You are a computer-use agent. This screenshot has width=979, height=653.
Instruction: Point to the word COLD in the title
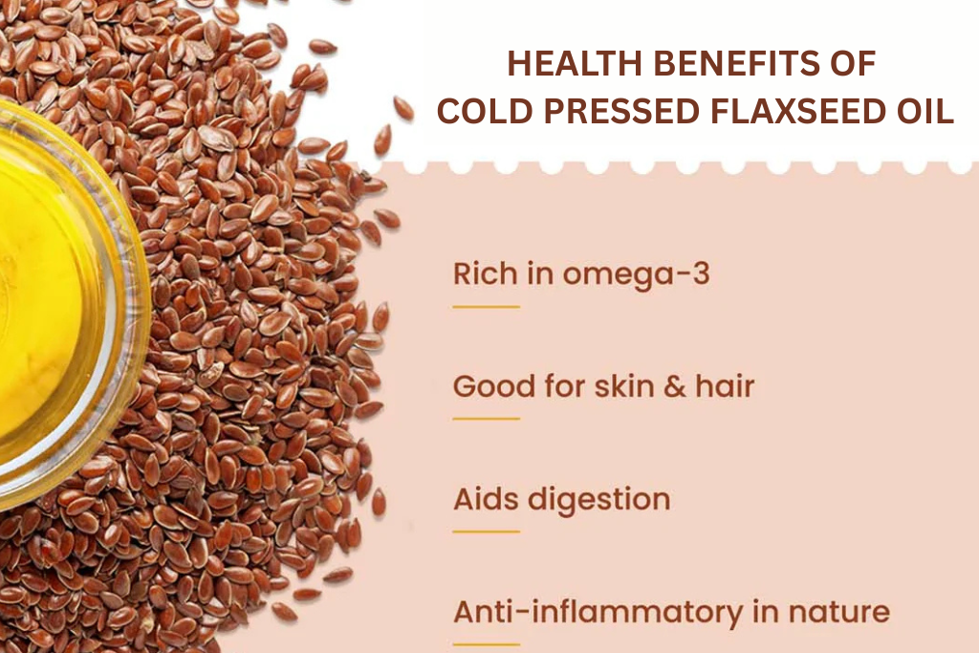[477, 111]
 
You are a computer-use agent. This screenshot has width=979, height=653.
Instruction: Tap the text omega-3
[636, 275]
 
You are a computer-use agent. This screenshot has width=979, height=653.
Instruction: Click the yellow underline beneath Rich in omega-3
[486, 307]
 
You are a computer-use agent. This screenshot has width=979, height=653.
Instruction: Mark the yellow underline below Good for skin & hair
[486, 419]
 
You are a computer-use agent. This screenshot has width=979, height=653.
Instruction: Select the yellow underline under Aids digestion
[486, 531]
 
